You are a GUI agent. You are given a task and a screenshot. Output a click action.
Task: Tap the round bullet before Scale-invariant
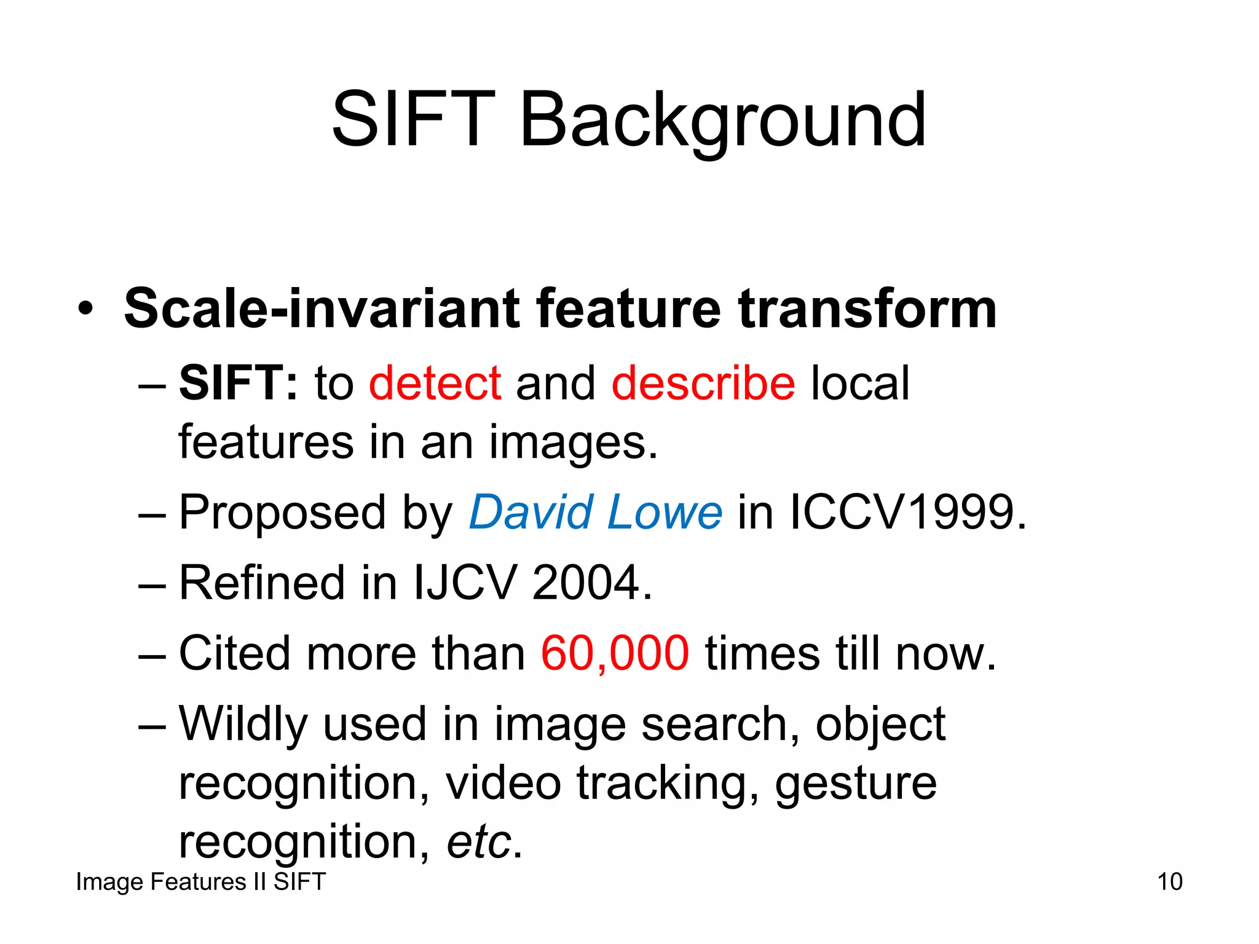coord(86,309)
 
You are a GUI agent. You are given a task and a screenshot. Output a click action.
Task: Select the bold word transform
coord(867,309)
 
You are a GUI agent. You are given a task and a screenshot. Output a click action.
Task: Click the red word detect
coord(435,383)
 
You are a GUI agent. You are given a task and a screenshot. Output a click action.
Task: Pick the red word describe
coord(703,383)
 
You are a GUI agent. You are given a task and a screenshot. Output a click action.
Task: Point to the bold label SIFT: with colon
coord(239,383)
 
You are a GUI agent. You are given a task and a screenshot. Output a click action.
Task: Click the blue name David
coord(531,513)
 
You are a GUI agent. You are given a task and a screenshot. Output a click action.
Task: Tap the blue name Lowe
coord(665,513)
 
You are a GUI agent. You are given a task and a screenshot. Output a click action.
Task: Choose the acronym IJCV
coord(465,583)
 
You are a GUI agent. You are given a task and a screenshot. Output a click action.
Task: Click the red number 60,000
coord(615,653)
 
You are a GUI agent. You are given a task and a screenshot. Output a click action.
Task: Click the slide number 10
coord(1169,882)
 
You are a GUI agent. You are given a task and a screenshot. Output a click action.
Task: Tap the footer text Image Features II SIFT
coord(200,882)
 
